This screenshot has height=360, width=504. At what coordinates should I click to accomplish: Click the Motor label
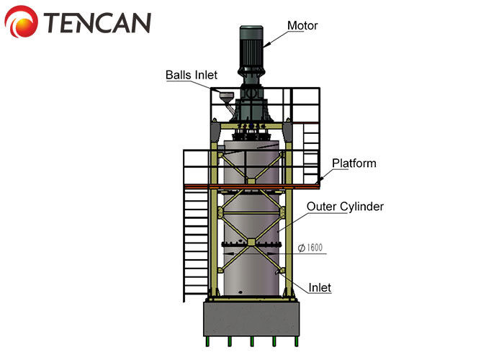(302, 27)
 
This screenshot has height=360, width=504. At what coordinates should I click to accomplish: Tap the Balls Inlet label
(191, 75)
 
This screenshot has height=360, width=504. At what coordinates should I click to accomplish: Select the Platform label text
(354, 163)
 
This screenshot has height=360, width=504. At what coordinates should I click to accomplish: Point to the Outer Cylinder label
(345, 207)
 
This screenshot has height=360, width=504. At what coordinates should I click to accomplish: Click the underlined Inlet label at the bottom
(320, 288)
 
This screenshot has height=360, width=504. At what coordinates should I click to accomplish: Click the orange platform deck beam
(251, 186)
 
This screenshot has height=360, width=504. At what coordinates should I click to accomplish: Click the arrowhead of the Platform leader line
(320, 180)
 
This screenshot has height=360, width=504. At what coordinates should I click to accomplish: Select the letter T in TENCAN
(53, 24)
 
